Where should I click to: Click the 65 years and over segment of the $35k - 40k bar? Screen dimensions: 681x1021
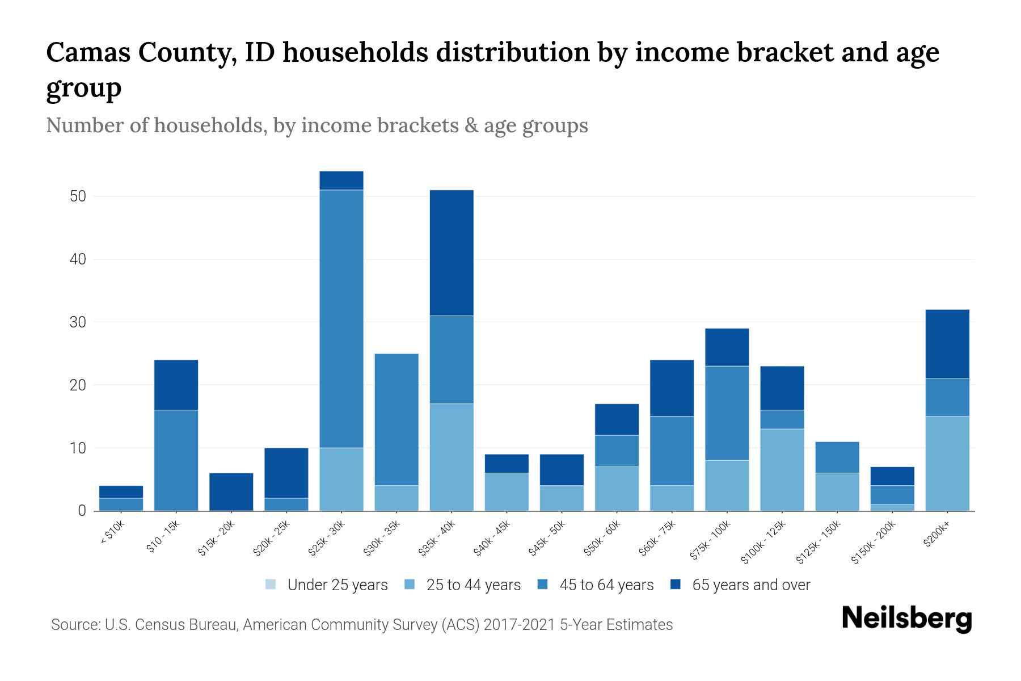[x=452, y=253]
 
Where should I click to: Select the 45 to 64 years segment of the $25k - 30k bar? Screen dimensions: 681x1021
[x=341, y=319]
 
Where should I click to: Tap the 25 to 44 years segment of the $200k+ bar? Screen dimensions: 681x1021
[x=947, y=464]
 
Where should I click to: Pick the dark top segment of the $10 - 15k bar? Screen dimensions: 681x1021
[x=176, y=385]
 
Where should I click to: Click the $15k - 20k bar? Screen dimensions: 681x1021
[x=231, y=491]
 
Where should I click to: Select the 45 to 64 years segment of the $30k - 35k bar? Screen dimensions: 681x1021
[x=396, y=419]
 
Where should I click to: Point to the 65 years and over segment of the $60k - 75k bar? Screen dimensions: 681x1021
[x=672, y=388]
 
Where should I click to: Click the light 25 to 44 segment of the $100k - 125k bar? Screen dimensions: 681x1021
[x=782, y=470]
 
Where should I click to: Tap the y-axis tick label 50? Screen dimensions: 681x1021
[x=78, y=197]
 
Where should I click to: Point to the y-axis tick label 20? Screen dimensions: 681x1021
[x=78, y=385]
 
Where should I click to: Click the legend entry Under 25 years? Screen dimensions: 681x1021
[x=337, y=585]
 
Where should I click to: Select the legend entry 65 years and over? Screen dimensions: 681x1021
[x=750, y=585]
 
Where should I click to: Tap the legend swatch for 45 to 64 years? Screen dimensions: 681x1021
[x=543, y=585]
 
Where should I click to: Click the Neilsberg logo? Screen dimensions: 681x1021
[x=906, y=619]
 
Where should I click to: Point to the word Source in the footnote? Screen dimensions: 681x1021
[x=74, y=625]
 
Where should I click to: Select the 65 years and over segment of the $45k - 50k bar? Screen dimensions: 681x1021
[x=562, y=470]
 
